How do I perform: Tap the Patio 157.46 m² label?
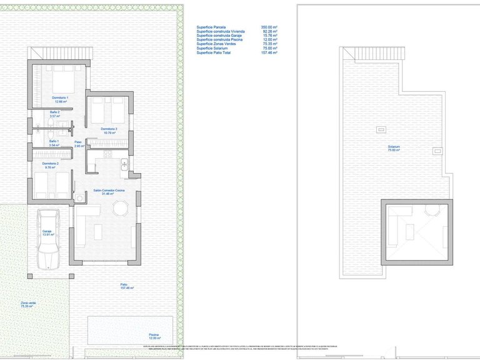tap(128, 287)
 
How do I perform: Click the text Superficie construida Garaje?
tap(218, 36)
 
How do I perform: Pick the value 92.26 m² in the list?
tap(270, 32)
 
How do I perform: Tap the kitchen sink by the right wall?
tap(125, 166)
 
